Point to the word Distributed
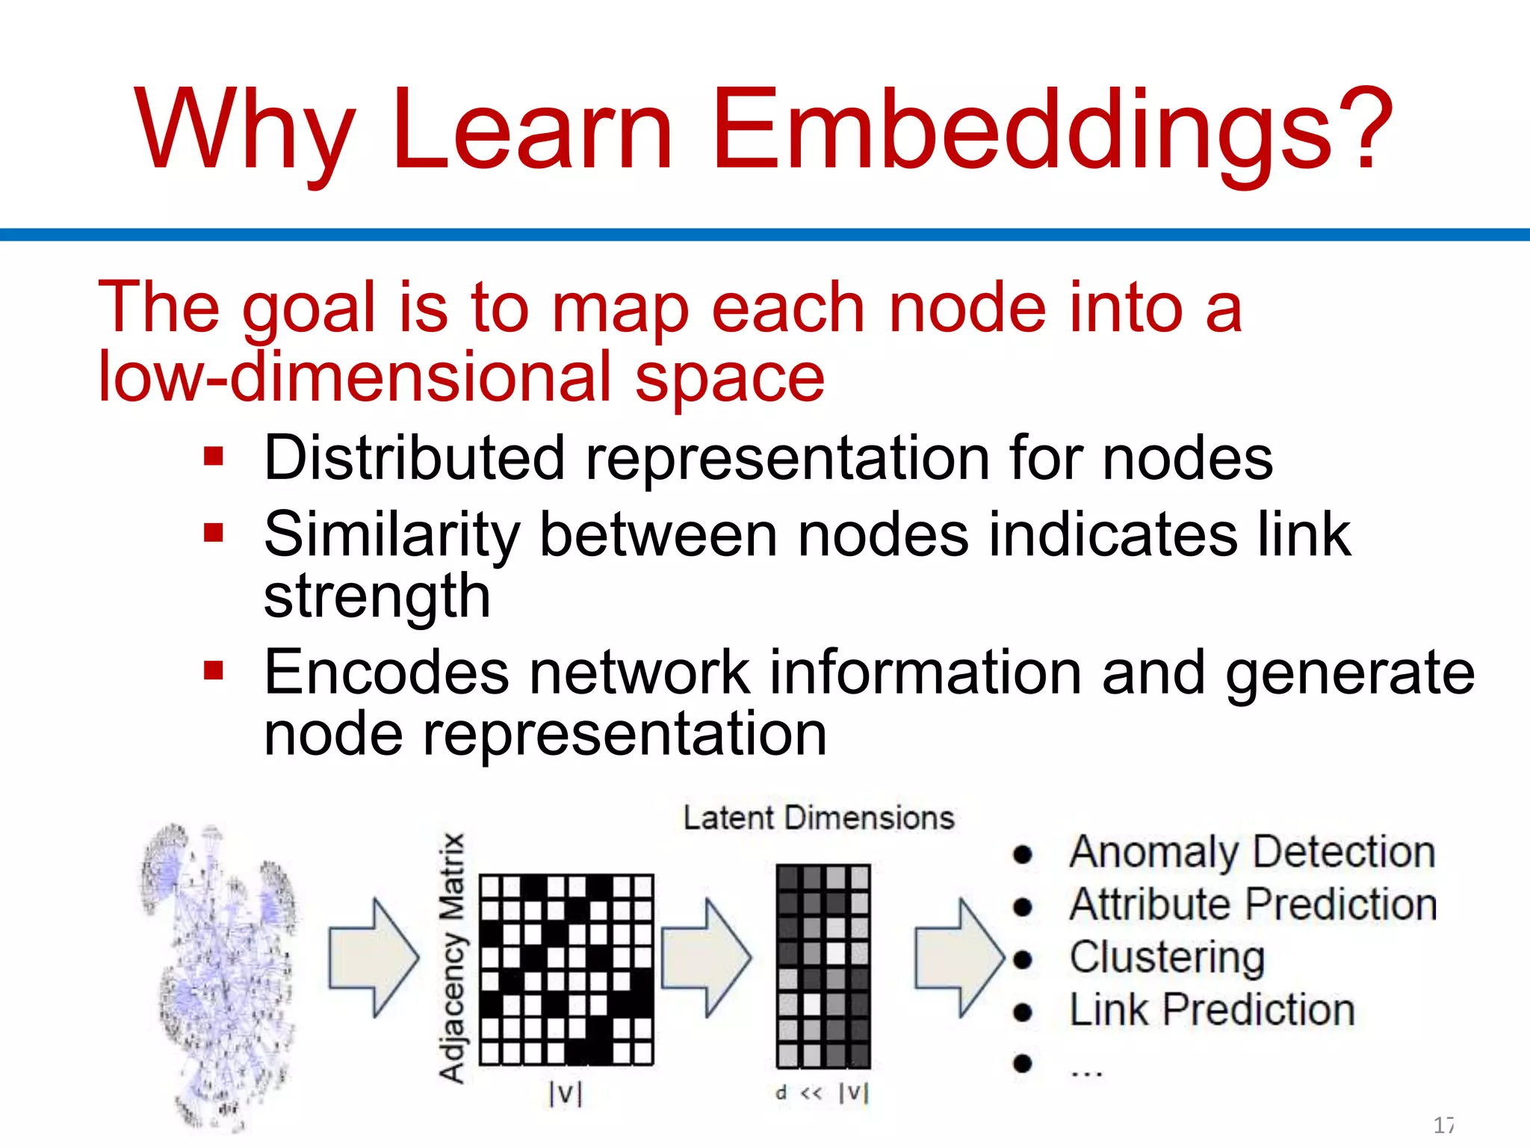point(414,457)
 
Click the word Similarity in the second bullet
point(391,535)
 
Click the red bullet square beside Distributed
point(214,456)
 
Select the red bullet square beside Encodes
point(214,670)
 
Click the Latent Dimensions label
point(819,818)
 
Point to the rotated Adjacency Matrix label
point(452,957)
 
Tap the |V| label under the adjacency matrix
point(565,1093)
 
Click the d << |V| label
point(822,1093)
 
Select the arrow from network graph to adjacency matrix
point(374,957)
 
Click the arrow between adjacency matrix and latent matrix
point(706,957)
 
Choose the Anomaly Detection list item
point(1252,852)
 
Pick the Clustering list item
point(1167,957)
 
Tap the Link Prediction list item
point(1212,1010)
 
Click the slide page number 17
point(1443,1124)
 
